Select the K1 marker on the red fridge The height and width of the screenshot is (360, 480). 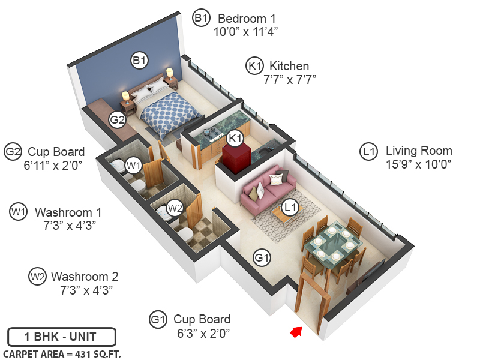pyautogui.click(x=236, y=138)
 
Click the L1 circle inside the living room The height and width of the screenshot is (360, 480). pyautogui.click(x=291, y=208)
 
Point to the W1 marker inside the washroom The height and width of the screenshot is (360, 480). pyautogui.click(x=133, y=164)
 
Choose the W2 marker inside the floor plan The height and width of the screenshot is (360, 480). pyautogui.click(x=175, y=208)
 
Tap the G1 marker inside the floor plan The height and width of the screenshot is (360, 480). pyautogui.click(x=262, y=258)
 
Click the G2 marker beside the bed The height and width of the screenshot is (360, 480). pyautogui.click(x=117, y=119)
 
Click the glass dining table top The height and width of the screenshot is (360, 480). pyautogui.click(x=332, y=244)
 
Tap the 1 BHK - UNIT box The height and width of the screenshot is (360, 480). pyautogui.click(x=61, y=337)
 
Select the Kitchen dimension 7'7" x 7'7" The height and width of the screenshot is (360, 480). pyautogui.click(x=290, y=79)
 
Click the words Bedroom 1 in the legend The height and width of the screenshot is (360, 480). pyautogui.click(x=246, y=18)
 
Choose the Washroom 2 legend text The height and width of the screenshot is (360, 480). pyautogui.click(x=85, y=277)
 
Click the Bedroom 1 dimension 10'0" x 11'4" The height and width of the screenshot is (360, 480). pyautogui.click(x=246, y=31)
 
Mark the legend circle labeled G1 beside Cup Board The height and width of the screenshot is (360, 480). pyautogui.click(x=158, y=319)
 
